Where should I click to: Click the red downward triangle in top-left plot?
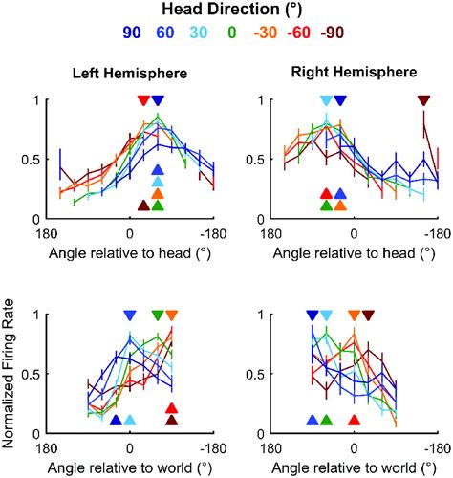(x=143, y=100)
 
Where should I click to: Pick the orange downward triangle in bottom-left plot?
(x=171, y=315)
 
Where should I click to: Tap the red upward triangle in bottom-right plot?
(x=355, y=420)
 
